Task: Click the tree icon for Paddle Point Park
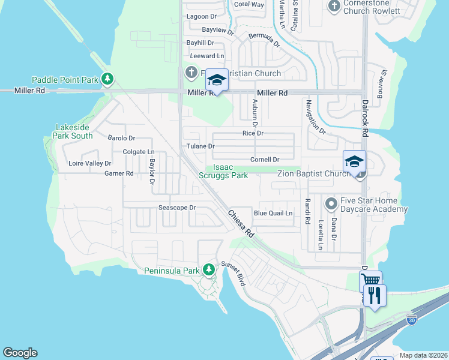coord(107,79)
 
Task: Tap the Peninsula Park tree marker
coord(208,270)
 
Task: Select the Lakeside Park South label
coord(74,131)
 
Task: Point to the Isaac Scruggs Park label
coord(223,172)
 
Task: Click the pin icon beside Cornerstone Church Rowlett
coord(334,5)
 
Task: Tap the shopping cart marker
coord(370,280)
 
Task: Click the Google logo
coord(20,353)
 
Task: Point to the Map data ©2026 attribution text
coord(423,355)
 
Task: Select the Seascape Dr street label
coord(177,208)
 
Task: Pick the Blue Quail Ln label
coord(273,213)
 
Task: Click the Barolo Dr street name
coord(121,138)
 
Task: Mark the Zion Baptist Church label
coord(313,174)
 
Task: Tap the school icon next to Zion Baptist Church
coord(354,161)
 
